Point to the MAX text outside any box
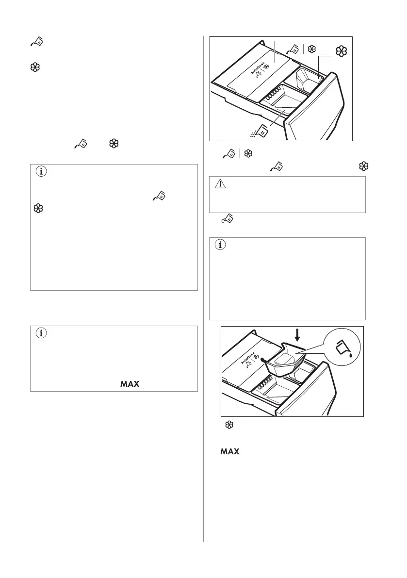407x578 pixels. pyautogui.click(x=230, y=451)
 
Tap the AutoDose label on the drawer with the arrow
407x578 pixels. pyautogui.click(x=248, y=358)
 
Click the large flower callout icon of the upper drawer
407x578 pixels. pyautogui.click(x=342, y=51)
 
